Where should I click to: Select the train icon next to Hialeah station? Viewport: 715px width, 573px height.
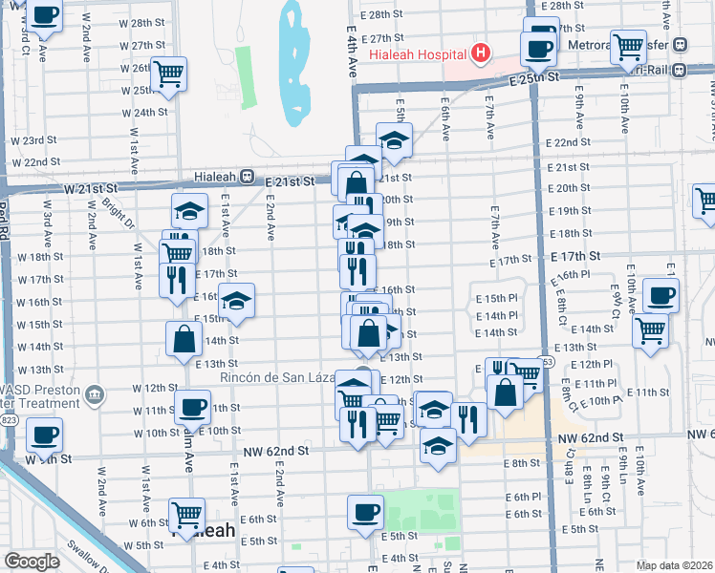247,177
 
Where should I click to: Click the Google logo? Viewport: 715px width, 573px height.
32,562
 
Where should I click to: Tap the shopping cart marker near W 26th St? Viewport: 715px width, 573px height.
168,73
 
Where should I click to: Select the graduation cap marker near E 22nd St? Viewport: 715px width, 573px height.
393,139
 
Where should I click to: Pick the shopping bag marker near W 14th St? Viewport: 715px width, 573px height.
184,338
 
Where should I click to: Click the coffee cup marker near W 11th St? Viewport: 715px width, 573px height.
194,407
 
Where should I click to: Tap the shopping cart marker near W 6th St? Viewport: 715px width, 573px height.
186,516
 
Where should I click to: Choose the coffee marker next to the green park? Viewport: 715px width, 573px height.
365,511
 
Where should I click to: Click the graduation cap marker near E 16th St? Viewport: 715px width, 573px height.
236,301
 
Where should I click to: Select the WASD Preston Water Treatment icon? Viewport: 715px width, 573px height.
94,393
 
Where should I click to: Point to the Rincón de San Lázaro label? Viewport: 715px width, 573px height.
281,377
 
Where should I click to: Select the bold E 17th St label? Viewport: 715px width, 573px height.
575,257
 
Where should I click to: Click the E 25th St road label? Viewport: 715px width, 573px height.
534,81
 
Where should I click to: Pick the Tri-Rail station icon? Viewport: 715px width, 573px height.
680,69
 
